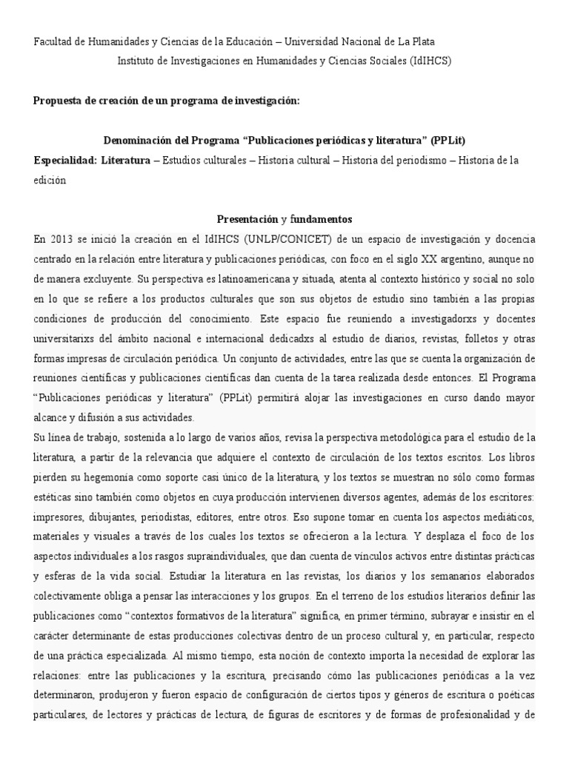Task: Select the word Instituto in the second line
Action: (139, 61)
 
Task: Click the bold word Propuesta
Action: (59, 101)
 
